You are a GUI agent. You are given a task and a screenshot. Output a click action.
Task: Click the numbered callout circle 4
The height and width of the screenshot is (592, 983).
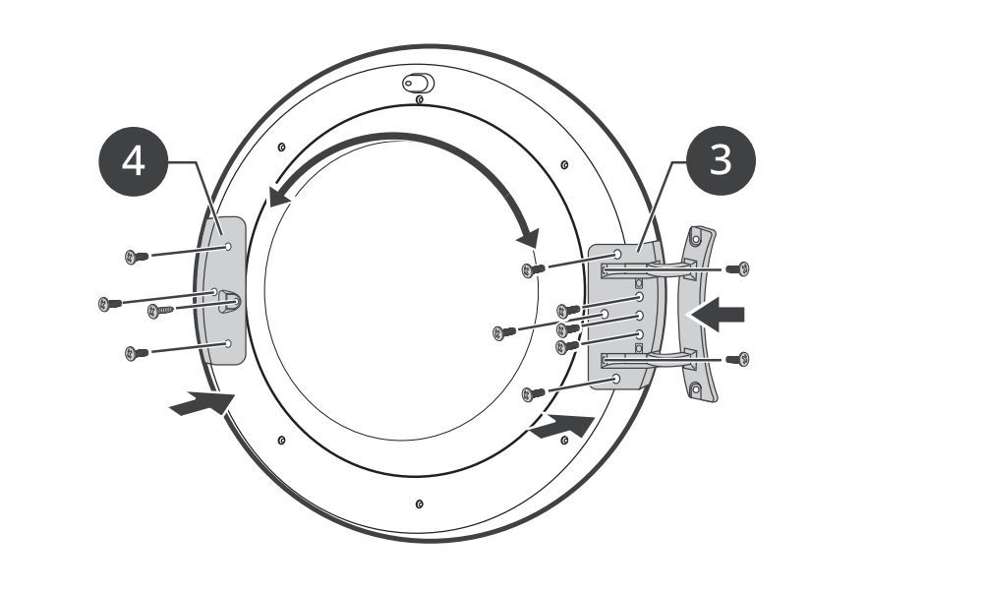click(134, 162)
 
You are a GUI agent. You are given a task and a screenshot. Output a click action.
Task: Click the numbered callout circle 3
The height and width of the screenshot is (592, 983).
click(721, 160)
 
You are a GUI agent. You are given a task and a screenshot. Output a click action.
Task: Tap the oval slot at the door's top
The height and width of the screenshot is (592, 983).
click(418, 83)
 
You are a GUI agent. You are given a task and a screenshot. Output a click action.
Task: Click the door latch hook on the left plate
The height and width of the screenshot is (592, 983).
click(229, 302)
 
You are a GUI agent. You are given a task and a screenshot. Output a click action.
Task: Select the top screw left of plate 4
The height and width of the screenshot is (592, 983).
click(137, 257)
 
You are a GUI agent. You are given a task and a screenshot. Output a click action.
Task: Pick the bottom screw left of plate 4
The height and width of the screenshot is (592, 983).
click(137, 353)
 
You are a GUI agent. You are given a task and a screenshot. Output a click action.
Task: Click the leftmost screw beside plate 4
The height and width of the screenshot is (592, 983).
click(110, 304)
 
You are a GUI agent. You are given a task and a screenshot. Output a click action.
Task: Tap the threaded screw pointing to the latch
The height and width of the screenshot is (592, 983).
click(160, 311)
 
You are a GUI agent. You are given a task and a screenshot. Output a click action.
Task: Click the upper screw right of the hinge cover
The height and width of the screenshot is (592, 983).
click(738, 269)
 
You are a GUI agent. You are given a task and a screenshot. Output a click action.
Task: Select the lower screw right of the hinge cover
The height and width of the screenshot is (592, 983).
click(738, 359)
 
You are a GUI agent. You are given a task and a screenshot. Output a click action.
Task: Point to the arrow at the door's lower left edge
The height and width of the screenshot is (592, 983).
click(202, 402)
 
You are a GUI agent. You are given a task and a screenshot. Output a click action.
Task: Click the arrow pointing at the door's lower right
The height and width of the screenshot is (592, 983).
click(562, 427)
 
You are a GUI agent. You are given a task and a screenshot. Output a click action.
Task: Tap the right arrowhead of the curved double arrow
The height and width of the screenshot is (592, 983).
click(529, 237)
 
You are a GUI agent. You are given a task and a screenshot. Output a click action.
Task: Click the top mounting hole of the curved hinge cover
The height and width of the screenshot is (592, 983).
click(696, 238)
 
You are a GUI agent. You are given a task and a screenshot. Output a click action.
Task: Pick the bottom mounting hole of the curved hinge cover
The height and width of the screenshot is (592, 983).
click(696, 388)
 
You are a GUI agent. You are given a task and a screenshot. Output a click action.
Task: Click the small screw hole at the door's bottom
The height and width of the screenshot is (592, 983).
click(420, 504)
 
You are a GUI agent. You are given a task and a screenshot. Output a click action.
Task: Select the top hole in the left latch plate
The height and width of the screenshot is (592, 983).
click(228, 247)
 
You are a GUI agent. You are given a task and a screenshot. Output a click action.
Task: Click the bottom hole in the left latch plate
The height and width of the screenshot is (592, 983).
click(228, 343)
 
